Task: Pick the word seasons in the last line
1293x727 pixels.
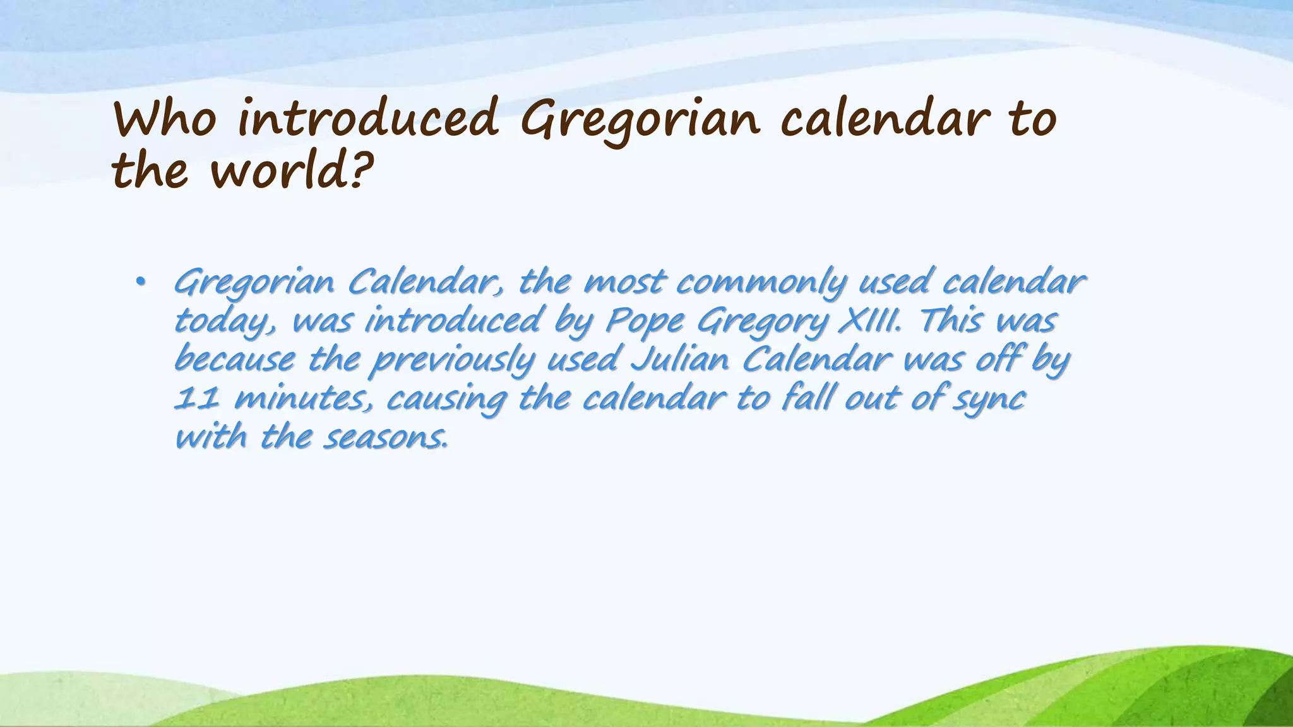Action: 385,437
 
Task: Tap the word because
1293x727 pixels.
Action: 234,360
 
